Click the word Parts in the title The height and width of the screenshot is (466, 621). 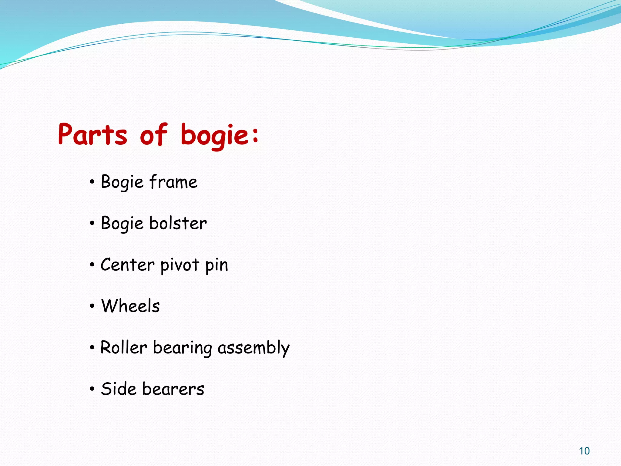pos(92,134)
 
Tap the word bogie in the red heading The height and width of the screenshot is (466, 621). pos(215,135)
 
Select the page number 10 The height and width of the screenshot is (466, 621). pos(584,451)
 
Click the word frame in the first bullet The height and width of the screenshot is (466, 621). pos(173,182)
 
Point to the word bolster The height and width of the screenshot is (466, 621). pos(178,223)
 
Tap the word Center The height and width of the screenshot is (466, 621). pos(128,265)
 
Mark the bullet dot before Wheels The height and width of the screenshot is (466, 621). pos(92,306)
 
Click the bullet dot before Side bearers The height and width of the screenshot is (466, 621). pos(92,389)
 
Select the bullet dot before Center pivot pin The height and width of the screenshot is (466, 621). pos(92,265)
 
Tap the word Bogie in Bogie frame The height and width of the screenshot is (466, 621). pos(122,182)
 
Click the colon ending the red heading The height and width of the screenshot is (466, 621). pos(255,135)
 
